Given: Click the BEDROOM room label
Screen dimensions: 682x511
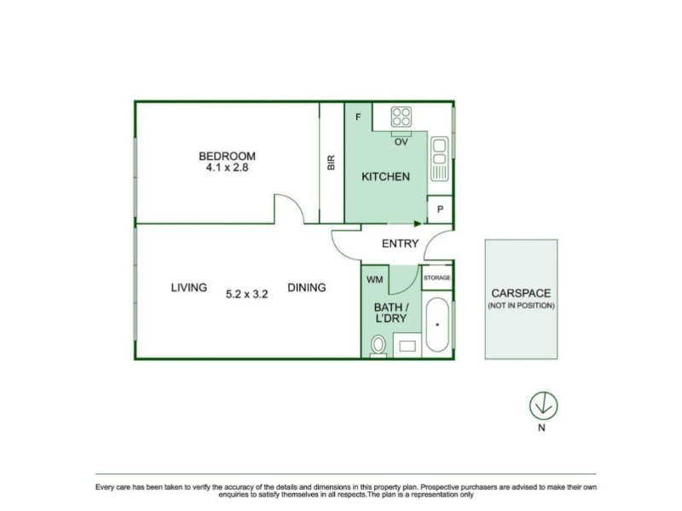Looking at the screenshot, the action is [227, 156].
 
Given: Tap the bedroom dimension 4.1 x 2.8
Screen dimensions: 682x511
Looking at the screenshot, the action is [227, 168].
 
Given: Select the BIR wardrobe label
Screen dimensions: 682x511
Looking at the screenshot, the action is [331, 163].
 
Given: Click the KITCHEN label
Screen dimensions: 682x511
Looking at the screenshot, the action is [386, 176].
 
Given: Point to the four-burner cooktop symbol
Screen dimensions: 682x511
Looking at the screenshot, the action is [401, 117].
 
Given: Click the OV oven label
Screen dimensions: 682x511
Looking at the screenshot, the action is [401, 142].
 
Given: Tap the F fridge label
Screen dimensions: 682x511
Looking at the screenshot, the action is [358, 117].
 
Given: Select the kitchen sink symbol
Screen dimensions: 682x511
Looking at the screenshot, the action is [439, 159].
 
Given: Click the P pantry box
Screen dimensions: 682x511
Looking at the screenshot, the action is [440, 210].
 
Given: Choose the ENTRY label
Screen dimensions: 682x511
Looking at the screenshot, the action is [400, 244].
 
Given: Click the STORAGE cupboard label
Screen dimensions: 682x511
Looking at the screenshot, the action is [437, 278].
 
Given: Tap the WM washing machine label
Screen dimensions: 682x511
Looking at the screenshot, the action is [375, 279].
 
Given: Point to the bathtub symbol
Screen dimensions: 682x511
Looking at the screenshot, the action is [437, 324].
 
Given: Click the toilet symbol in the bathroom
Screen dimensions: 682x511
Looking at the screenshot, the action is [379, 347].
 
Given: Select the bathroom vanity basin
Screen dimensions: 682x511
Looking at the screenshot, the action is [407, 346].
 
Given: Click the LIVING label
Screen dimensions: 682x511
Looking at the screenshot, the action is [188, 288].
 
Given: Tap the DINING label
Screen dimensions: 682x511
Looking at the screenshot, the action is [307, 288].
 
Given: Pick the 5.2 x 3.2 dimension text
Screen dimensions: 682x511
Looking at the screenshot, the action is [246, 294].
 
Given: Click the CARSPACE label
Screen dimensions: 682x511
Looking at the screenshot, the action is [521, 293].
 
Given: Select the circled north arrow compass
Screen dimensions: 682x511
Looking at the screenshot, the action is [544, 406].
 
